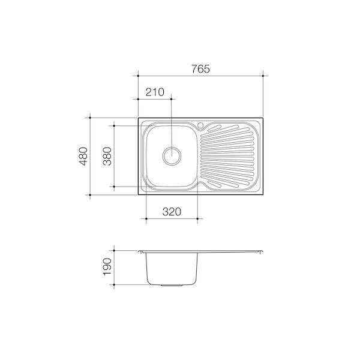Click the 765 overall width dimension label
[200, 68]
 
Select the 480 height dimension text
[83, 156]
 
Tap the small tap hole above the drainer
[201, 126]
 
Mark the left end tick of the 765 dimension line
[139, 76]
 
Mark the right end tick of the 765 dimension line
[265, 76]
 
